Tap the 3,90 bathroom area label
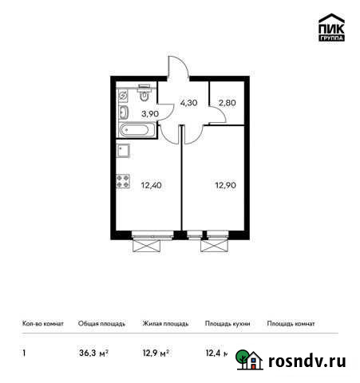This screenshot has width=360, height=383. pos(149,114)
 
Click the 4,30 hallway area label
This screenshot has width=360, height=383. pos(188,103)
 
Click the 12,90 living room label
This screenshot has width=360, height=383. pos(225,188)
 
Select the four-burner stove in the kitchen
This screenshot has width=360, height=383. pos(124,182)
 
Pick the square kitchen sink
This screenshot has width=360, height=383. pos(124,149)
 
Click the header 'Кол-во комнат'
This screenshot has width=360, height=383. pos(41,324)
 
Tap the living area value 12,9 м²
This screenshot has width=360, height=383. pos(156,352)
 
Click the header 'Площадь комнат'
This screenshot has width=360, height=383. pos(291,324)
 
